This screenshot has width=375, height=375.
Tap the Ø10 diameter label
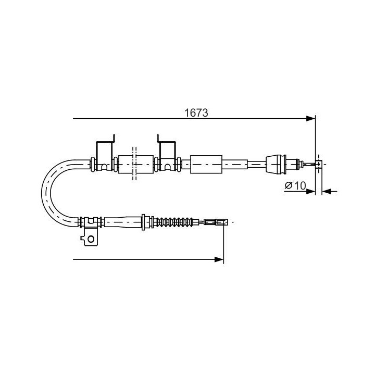295,186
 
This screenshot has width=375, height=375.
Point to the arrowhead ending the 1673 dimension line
311,119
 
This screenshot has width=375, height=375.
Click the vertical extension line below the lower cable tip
224,245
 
